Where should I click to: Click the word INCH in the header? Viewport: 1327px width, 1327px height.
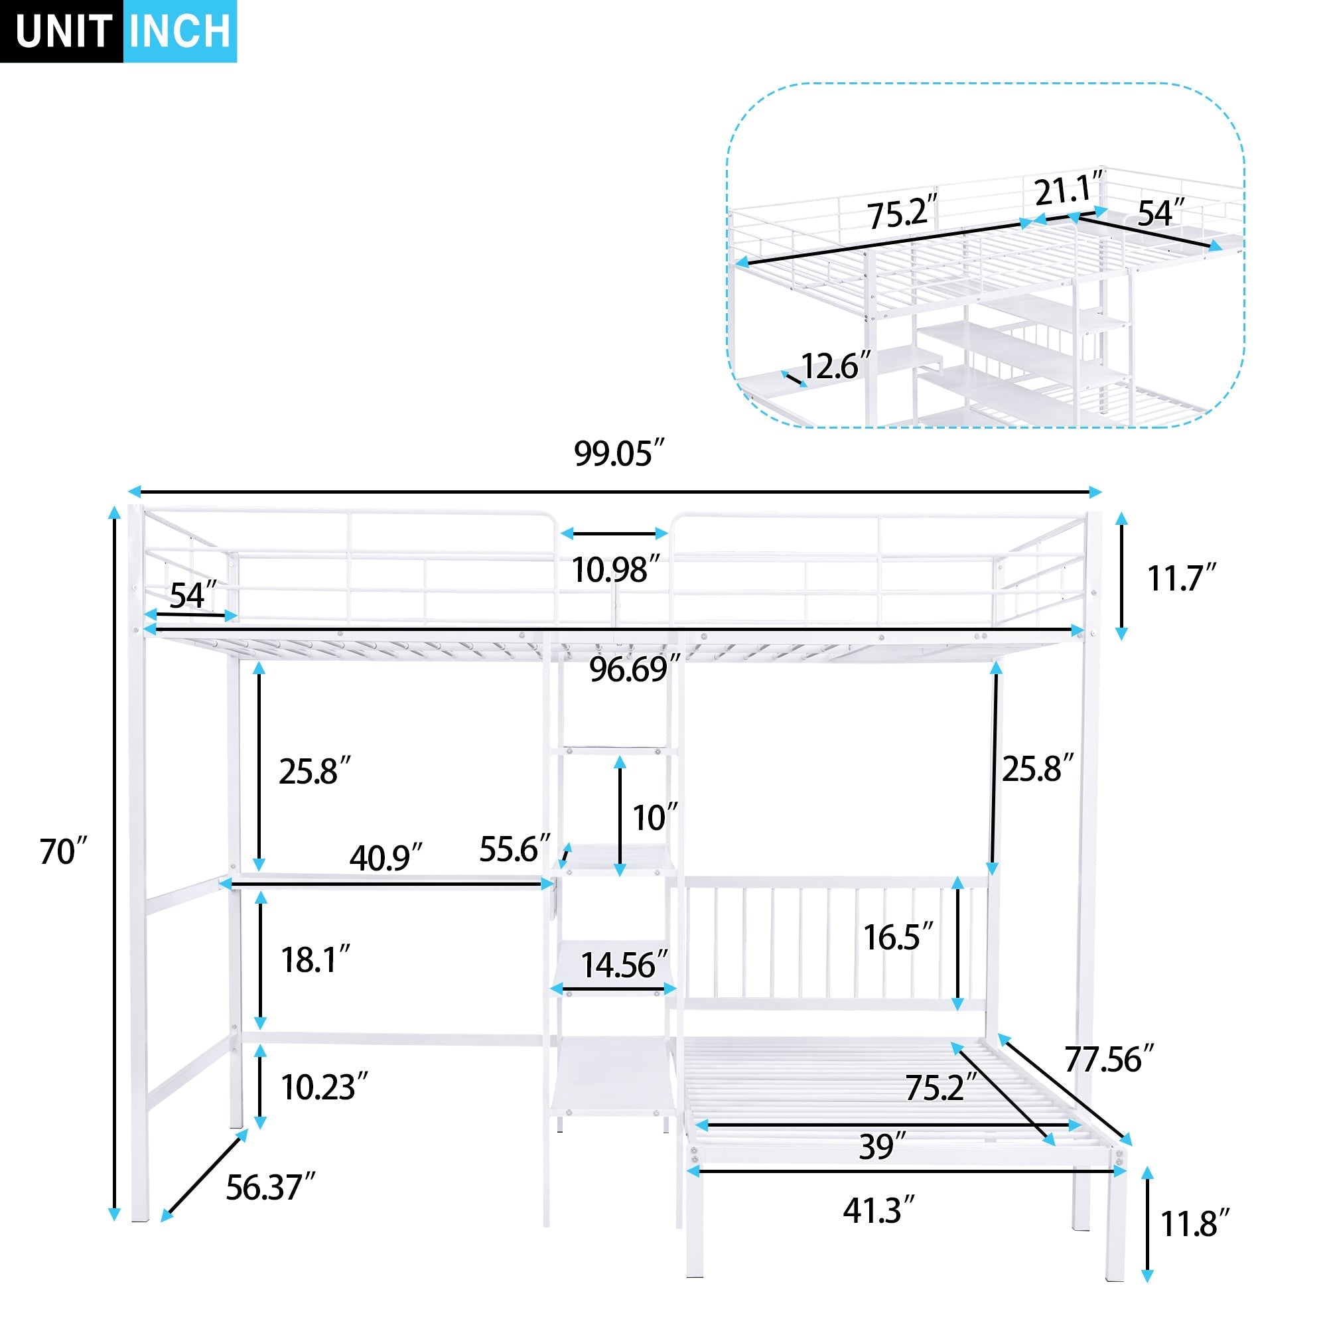[x=180, y=32]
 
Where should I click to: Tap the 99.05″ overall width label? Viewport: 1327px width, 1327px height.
[x=620, y=454]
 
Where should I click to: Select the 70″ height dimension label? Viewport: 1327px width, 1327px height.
[x=63, y=853]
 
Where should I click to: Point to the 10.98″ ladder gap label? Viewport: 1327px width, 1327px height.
[x=616, y=570]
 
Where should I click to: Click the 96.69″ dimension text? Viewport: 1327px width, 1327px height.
[x=634, y=669]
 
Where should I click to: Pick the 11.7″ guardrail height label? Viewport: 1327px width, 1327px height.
[x=1182, y=579]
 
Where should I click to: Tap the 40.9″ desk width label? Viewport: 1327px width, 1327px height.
[x=385, y=858]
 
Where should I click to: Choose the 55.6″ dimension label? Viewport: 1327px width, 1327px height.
[x=514, y=850]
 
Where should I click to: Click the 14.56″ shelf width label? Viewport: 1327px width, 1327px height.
[x=624, y=965]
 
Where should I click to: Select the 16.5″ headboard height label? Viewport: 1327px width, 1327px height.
[x=898, y=938]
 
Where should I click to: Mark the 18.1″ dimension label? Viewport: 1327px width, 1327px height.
[x=315, y=960]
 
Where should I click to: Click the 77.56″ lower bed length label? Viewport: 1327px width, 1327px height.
[x=1109, y=1060]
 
